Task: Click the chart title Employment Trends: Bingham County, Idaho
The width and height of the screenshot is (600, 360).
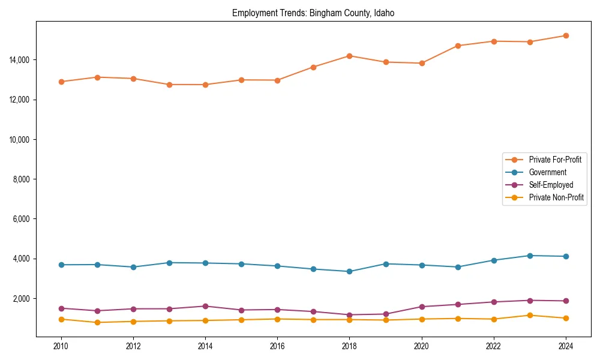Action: coord(313,13)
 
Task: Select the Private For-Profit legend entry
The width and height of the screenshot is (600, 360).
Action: coord(555,160)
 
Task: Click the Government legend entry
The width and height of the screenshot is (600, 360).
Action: coord(547,172)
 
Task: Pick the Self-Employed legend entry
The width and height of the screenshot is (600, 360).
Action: coord(551,185)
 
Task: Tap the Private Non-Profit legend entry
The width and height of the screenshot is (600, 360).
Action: coord(556,197)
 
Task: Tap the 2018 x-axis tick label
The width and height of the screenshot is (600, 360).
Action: coord(350,346)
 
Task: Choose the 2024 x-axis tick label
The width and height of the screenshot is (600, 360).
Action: coord(566,346)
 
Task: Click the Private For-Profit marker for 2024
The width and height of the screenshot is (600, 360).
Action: coord(566,36)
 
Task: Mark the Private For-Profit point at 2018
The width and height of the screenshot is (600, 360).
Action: coord(350,56)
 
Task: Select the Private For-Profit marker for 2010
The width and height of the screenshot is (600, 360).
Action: coord(61,82)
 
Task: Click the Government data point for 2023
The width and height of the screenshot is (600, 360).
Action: coord(530,256)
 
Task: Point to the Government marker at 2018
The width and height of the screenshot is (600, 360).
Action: coord(350,271)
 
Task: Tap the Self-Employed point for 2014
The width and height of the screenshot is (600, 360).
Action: coord(205,306)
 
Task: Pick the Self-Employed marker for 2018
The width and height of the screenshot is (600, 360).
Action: coord(350,315)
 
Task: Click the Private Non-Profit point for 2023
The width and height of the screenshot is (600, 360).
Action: coord(530,316)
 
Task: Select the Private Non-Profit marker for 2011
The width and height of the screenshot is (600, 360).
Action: coord(97,323)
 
